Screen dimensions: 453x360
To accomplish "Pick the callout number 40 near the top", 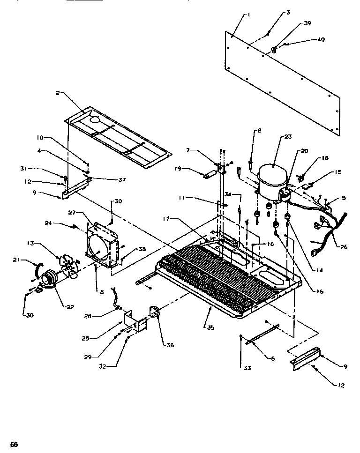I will pos(321,40).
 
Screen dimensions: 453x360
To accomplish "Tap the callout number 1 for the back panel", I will pos(248,15).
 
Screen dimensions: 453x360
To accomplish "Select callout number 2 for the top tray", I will pos(58,93).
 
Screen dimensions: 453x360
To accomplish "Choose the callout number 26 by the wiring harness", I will pos(345,247).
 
